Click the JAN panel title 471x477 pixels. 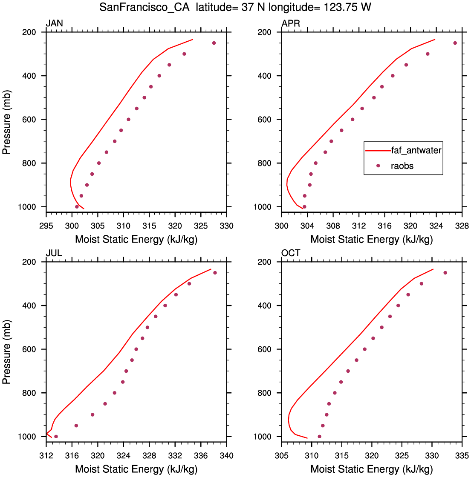pos(55,23)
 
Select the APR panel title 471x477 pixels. pos(291,23)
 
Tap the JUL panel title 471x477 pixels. pos(54,253)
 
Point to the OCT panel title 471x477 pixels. pos(291,253)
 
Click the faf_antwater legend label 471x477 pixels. pos(416,150)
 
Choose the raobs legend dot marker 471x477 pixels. pos(378,166)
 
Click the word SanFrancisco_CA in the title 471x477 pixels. pos(144,7)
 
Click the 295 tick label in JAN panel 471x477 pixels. pos(46,226)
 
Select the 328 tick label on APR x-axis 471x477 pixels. pos(462,226)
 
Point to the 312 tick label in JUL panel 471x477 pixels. pos(46,456)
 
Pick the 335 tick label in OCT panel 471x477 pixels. pos(462,456)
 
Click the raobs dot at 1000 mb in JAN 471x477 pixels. pos(77,207)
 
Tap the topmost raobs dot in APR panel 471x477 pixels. pos(455,43)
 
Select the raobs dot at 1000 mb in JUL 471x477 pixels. pos(56,437)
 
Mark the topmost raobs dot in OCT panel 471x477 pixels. pos(445,273)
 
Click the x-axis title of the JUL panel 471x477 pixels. pos(136,469)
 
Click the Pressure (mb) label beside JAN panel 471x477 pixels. pos(6,122)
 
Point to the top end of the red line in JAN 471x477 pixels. pos(193,40)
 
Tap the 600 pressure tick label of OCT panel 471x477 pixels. pos(264,349)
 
